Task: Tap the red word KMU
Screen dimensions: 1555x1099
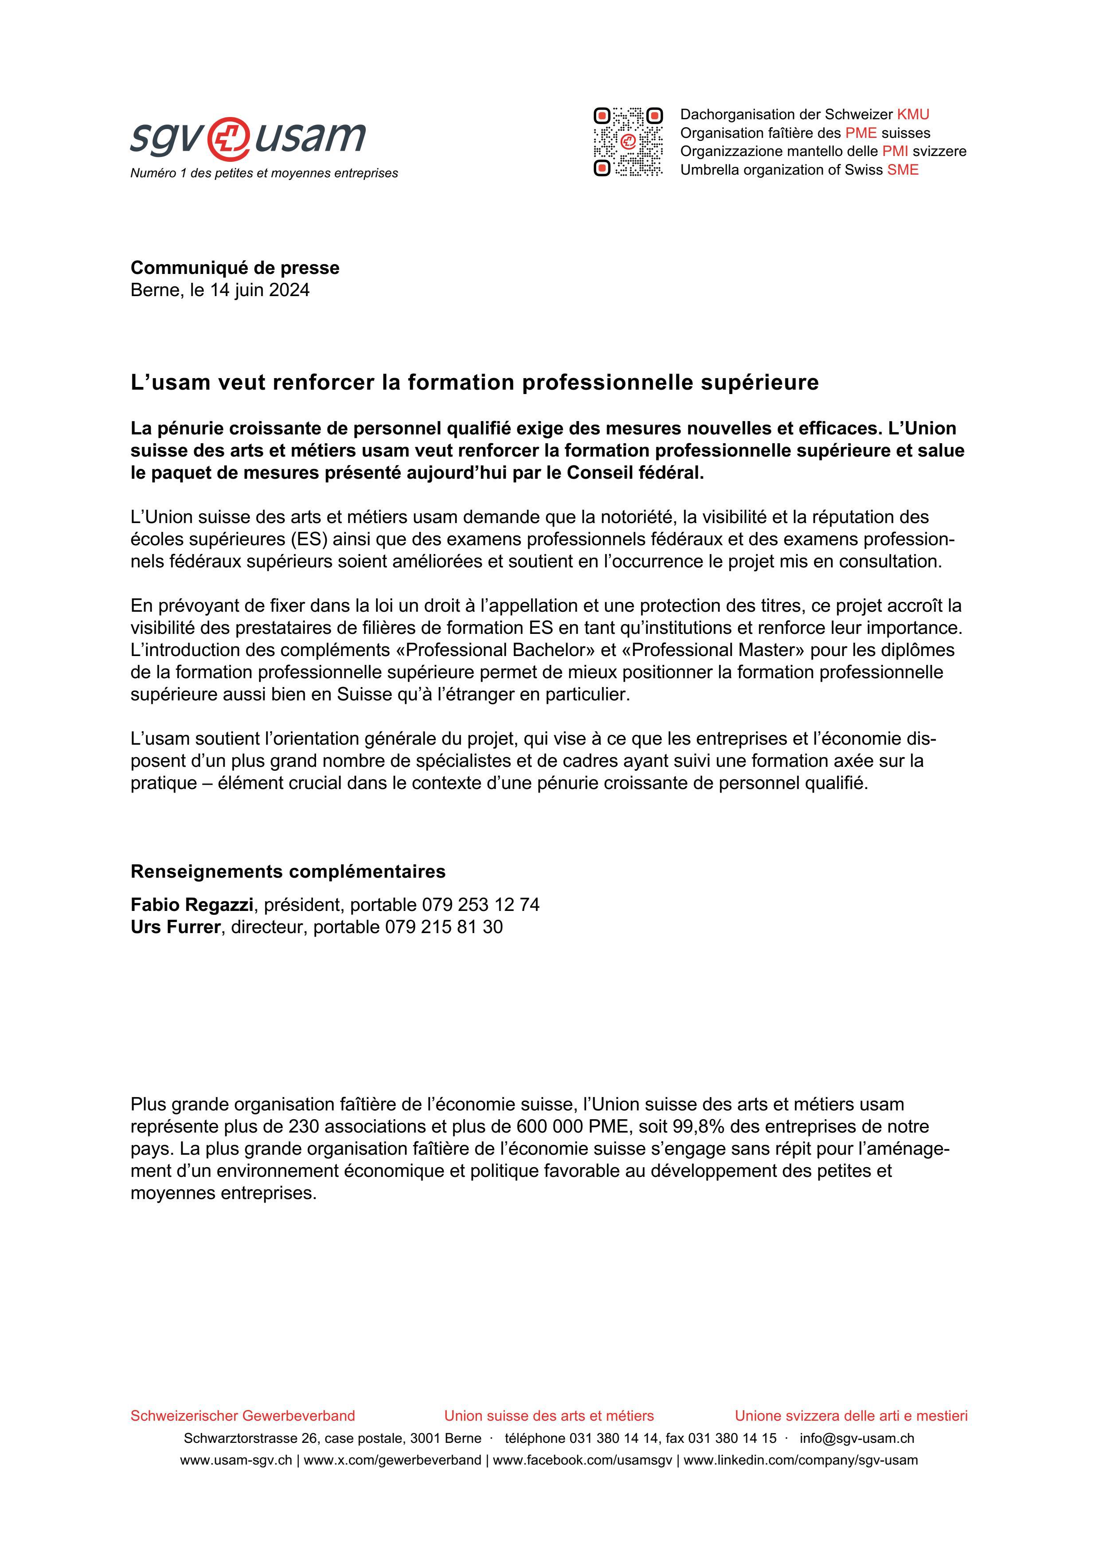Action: click(x=913, y=114)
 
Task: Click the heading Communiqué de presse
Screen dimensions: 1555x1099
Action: click(x=235, y=268)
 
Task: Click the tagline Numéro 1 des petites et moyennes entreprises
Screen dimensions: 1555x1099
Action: click(x=264, y=173)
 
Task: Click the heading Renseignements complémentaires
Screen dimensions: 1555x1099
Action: click(x=288, y=871)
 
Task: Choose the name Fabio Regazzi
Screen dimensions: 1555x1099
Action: click(x=192, y=905)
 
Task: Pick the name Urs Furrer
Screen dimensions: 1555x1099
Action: click(x=176, y=927)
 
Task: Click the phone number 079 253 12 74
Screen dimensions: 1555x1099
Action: click(x=480, y=905)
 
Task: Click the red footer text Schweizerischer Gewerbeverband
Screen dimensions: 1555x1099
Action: click(x=242, y=1415)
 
